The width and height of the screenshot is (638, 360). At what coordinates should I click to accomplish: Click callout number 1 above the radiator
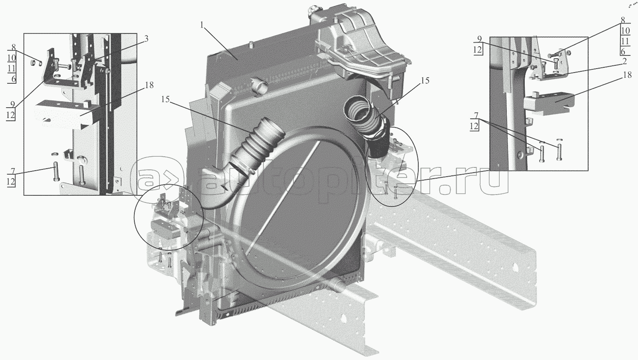tap(202, 25)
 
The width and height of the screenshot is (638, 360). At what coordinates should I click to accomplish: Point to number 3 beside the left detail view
tap(146, 39)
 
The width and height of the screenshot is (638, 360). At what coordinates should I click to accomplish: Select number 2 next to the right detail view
tap(624, 61)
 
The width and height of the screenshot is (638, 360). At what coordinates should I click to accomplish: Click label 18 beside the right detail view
tap(627, 75)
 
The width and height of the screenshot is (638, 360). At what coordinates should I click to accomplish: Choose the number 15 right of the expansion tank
tap(424, 81)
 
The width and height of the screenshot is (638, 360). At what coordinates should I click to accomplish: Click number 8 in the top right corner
tap(623, 20)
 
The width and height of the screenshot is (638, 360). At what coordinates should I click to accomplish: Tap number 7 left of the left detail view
tap(12, 171)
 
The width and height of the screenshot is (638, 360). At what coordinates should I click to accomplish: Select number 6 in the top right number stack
tap(623, 52)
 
